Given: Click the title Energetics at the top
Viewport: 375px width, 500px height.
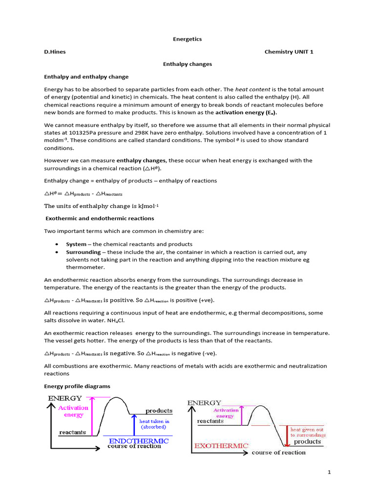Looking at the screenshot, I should click(x=188, y=39).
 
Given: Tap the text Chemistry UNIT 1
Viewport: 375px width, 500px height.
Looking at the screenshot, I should click(x=289, y=52).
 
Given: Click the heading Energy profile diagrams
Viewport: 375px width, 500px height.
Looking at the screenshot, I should click(x=77, y=386).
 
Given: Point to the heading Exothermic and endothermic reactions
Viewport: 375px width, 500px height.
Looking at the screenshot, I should click(x=100, y=218).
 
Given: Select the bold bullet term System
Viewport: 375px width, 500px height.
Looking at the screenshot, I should click(x=76, y=244).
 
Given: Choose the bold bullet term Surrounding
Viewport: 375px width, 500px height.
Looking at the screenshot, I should click(x=83, y=252).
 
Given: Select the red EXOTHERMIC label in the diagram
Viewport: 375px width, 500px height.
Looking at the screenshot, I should click(x=221, y=446).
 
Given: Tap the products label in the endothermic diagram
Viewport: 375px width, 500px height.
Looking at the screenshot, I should click(x=159, y=411).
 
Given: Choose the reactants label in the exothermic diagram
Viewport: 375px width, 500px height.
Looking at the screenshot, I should click(x=210, y=421).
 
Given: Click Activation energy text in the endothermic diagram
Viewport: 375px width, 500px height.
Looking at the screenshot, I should click(x=73, y=411).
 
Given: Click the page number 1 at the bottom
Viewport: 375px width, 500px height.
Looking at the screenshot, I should click(x=329, y=473).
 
